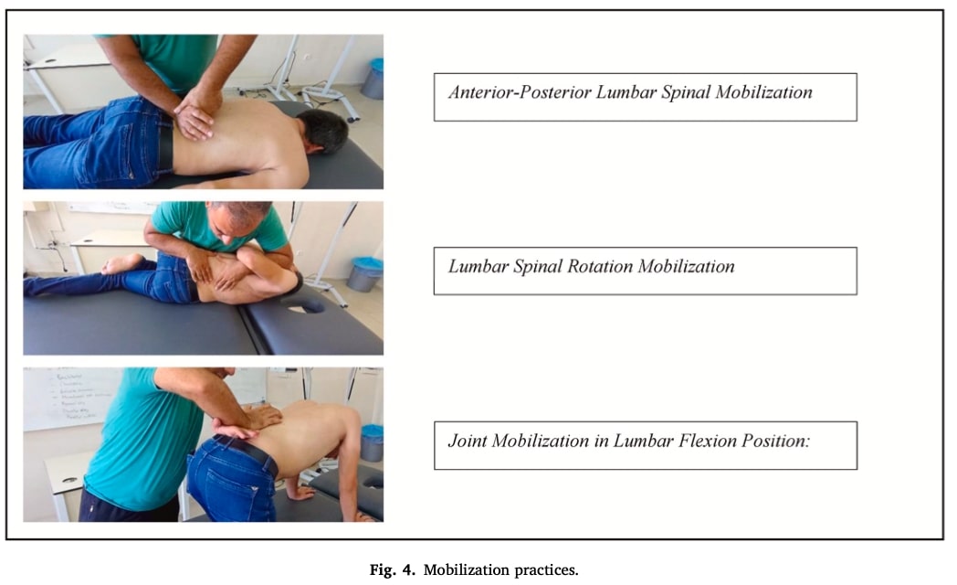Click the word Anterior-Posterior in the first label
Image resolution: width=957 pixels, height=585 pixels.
[520, 92]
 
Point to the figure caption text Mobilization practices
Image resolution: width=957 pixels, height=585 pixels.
[500, 569]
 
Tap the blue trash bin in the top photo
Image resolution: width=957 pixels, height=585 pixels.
[373, 79]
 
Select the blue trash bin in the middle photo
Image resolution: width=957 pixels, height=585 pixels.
[364, 274]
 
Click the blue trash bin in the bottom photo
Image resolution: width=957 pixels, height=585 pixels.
[371, 442]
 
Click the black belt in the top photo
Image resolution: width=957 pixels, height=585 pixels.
[165, 144]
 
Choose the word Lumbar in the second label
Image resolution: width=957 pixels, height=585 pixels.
[478, 266]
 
